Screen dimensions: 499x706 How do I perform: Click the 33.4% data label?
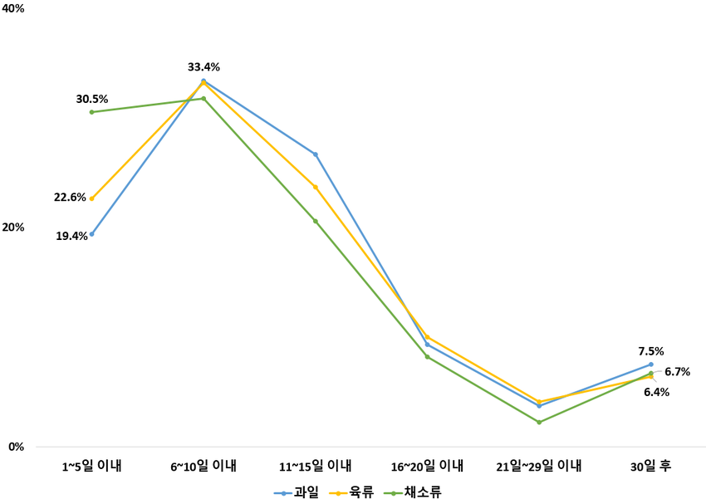pyautogui.click(x=203, y=67)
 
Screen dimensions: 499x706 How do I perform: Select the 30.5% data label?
pyautogui.click(x=92, y=99)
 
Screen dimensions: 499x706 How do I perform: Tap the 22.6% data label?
pyautogui.click(x=71, y=198)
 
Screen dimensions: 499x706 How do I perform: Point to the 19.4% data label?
pyautogui.click(x=72, y=236)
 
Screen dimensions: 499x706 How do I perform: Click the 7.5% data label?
pyautogui.click(x=650, y=351)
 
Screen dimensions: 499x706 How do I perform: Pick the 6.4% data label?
pyautogui.click(x=656, y=392)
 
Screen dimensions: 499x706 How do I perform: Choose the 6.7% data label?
pyautogui.click(x=677, y=372)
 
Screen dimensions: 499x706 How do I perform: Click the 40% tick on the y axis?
pyautogui.click(x=16, y=8)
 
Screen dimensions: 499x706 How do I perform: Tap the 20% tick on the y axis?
pyautogui.click(x=16, y=227)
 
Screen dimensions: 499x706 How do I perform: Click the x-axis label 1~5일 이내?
pyautogui.click(x=91, y=467)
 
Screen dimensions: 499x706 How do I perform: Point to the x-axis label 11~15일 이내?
pyautogui.click(x=315, y=467)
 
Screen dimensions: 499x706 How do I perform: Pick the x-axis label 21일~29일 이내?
pyautogui.click(x=538, y=467)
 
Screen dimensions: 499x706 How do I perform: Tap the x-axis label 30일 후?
pyautogui.click(x=650, y=467)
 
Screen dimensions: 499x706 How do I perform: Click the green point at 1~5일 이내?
pyautogui.click(x=91, y=112)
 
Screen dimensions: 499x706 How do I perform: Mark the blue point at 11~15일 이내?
pyautogui.click(x=316, y=154)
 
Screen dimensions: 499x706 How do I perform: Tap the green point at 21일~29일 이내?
pyautogui.click(x=539, y=423)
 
